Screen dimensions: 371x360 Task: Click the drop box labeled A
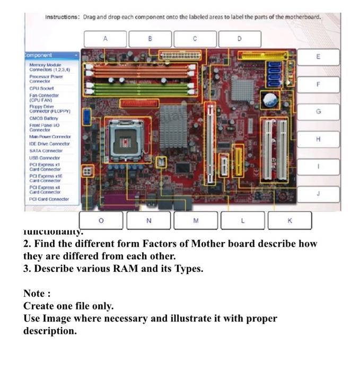point(105,39)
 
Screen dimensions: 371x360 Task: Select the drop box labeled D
point(239,39)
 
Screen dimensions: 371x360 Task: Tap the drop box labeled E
point(318,57)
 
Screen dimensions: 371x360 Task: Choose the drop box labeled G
point(318,112)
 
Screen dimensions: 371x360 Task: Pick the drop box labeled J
point(318,194)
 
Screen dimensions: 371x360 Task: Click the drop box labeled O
point(101,220)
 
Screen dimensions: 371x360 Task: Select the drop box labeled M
point(196,220)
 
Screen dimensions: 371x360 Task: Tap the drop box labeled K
point(289,220)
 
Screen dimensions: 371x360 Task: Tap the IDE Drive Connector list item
point(49,144)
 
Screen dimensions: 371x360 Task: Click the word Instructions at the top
point(62,17)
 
